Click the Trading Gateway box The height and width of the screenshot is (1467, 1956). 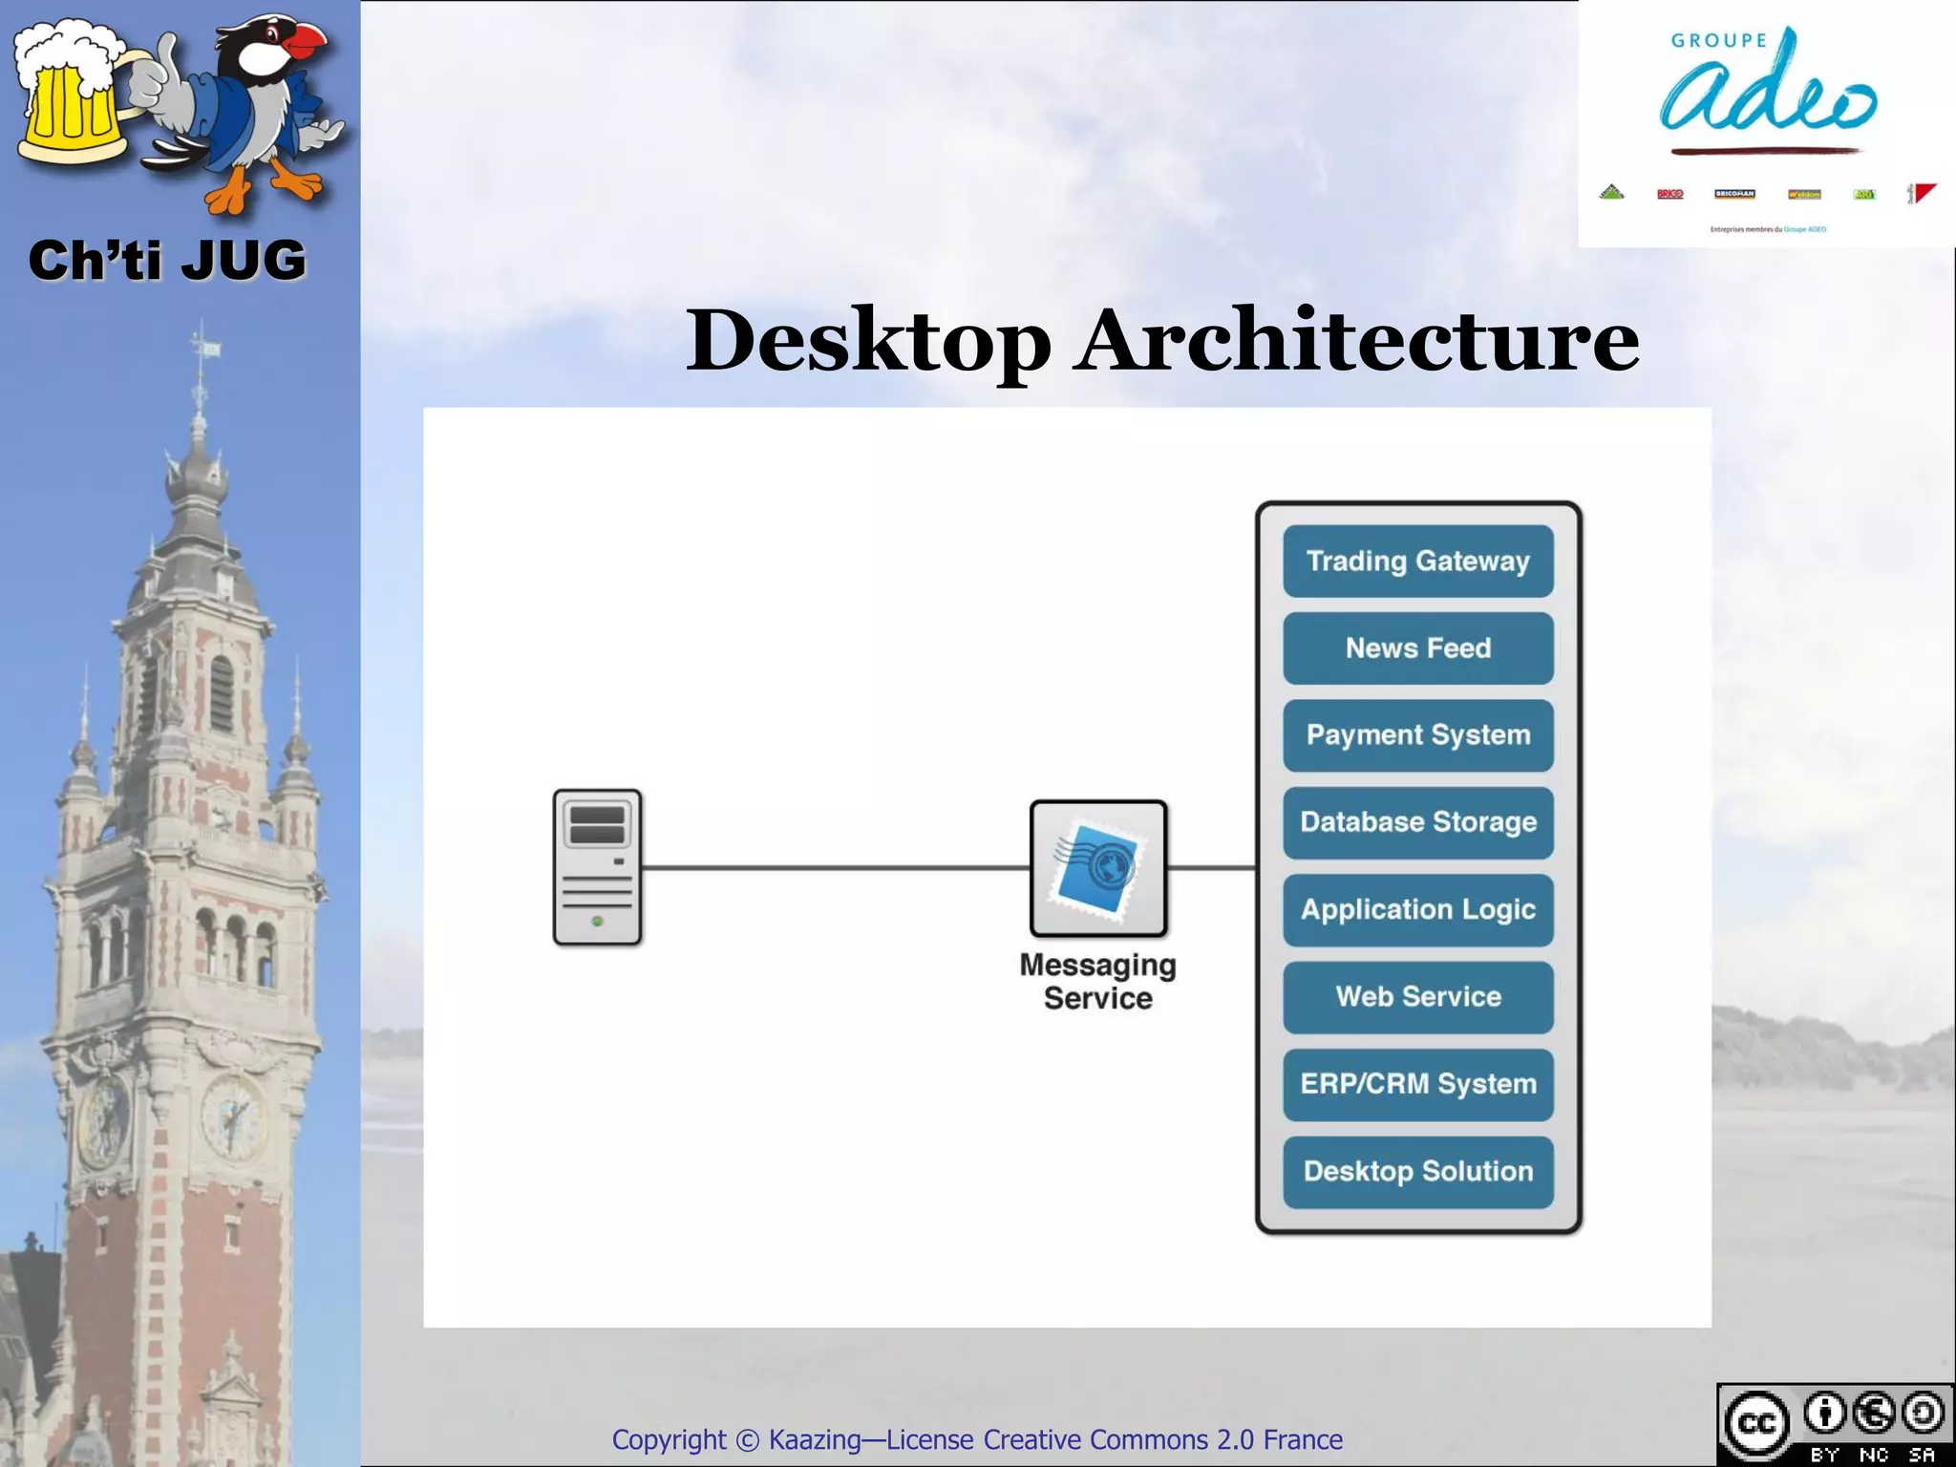click(x=1417, y=561)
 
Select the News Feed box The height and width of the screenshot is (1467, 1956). click(x=1417, y=648)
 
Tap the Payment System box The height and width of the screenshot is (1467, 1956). click(x=1417, y=735)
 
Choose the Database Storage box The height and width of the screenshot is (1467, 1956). click(x=1417, y=822)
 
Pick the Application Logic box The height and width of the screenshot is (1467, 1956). click(x=1417, y=909)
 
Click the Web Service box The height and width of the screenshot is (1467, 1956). click(x=1417, y=997)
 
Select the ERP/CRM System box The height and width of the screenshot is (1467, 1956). click(x=1417, y=1084)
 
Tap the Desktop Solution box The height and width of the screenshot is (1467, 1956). click(x=1417, y=1171)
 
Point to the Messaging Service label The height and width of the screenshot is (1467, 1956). click(x=1097, y=982)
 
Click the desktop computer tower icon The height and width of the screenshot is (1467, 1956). click(x=597, y=867)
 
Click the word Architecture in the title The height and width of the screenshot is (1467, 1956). click(x=1356, y=341)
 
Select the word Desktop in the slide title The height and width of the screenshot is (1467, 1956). click(x=868, y=341)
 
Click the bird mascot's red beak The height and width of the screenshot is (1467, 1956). click(x=308, y=40)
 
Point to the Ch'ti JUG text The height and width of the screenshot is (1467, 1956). click(x=167, y=261)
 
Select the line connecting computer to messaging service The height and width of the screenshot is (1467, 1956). click(x=836, y=868)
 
